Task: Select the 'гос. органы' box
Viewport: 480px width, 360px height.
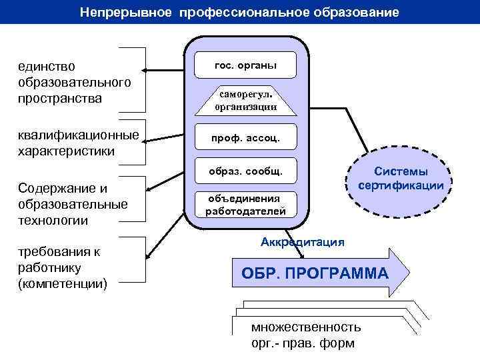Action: (245, 65)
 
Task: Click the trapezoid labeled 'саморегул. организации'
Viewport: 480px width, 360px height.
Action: (245, 101)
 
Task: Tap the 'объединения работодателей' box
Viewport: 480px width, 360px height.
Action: (245, 205)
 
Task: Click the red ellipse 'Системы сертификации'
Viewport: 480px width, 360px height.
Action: (401, 178)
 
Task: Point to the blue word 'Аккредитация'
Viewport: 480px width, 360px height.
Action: (303, 241)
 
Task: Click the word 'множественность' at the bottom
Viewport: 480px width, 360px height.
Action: (306, 327)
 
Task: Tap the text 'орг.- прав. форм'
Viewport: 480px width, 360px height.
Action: (303, 343)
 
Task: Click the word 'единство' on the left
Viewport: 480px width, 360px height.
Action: (47, 67)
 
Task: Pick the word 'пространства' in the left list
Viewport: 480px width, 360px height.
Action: (61, 99)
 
